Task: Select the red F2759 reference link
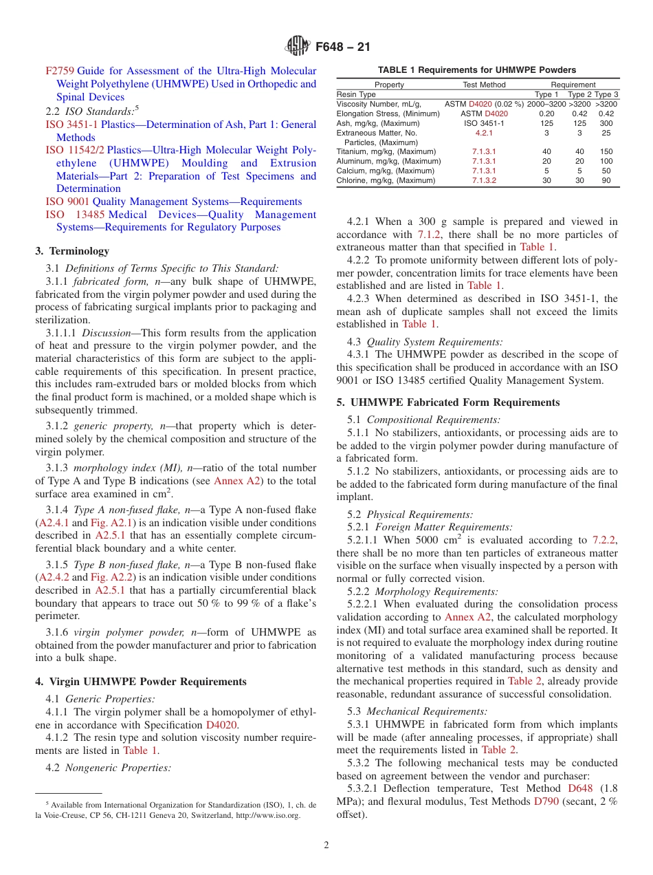pos(60,71)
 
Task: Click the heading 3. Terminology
pos(71,251)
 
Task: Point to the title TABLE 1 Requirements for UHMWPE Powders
pos(477,69)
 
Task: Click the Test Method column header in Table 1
pos(484,85)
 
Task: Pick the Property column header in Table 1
pos(389,85)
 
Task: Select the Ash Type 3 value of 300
pos(606,123)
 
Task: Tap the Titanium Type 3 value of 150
pos(606,151)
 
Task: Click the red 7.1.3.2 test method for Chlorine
pos(484,180)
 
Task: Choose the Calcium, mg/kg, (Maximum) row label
pos(385,171)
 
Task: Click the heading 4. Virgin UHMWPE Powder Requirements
pos(140,682)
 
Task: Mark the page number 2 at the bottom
pos(326,845)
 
